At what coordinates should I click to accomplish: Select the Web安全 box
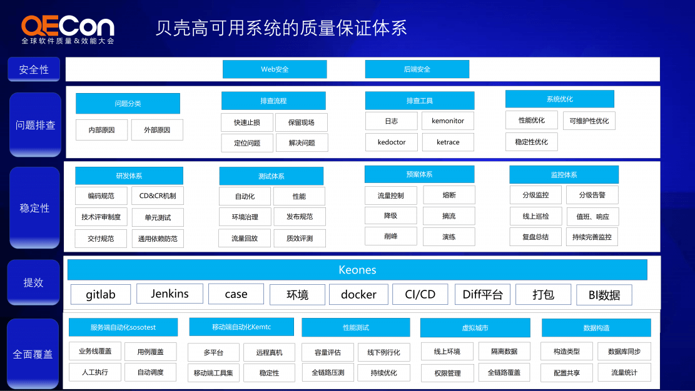point(275,69)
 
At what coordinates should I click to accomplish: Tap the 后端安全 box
point(417,69)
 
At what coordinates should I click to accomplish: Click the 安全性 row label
point(34,69)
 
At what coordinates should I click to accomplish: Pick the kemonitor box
point(448,121)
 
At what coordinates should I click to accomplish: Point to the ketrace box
point(448,142)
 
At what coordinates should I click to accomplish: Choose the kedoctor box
point(392,142)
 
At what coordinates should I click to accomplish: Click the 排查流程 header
point(273,101)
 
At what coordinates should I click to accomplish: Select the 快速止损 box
point(247,122)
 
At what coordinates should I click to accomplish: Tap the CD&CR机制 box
point(158,195)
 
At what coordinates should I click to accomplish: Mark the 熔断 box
point(449,195)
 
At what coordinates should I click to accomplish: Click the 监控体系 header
point(564,175)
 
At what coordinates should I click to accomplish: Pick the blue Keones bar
point(357,270)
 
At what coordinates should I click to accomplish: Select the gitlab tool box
point(101,295)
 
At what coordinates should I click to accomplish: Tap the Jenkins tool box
point(170,294)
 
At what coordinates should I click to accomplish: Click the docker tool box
point(358,294)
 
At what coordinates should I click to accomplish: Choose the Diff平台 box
point(482,294)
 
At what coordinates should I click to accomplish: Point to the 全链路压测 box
point(328,373)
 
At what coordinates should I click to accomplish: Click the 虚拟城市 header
point(475,328)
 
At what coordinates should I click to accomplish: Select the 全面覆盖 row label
point(33,354)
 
